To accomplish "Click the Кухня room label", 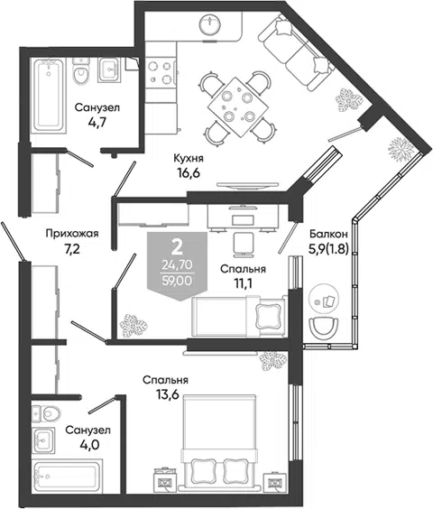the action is tap(189, 159).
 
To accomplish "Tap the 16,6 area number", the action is tap(189, 172).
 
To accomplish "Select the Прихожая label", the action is tap(72, 233).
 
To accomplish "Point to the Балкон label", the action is tap(328, 234).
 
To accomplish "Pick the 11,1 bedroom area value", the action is tap(244, 283).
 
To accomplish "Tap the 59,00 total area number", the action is tap(177, 280).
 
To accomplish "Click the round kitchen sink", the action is tap(211, 24).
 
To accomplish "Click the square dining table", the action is tap(237, 106).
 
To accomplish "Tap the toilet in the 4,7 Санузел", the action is tap(81, 71).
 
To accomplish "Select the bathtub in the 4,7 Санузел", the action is tap(49, 95).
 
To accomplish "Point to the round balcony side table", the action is tap(324, 300).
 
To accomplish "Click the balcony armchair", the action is tap(324, 328).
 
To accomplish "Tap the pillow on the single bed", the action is tap(268, 316).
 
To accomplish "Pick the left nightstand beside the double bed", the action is tap(165, 481).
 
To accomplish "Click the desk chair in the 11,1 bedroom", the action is tap(243, 244).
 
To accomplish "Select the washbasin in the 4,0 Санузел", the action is tap(43, 440).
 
